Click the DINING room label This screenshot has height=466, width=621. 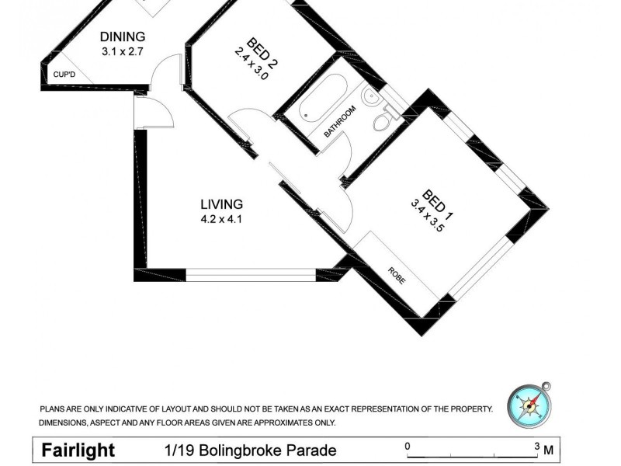pyautogui.click(x=123, y=37)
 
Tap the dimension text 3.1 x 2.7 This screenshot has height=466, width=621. pyautogui.click(x=123, y=52)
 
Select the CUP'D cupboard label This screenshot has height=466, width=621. pyautogui.click(x=63, y=75)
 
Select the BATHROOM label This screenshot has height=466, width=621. pyautogui.click(x=340, y=121)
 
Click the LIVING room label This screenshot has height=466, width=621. pyautogui.click(x=222, y=204)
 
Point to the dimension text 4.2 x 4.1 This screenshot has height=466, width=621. pyautogui.click(x=222, y=220)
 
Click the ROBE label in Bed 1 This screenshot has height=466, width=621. pyautogui.click(x=396, y=276)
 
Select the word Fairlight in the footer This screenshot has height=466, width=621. pyautogui.click(x=78, y=450)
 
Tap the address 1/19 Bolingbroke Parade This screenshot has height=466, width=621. pyautogui.click(x=250, y=450)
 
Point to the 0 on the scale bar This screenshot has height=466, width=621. pyautogui.click(x=408, y=446)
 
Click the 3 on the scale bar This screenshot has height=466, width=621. pyautogui.click(x=536, y=446)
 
